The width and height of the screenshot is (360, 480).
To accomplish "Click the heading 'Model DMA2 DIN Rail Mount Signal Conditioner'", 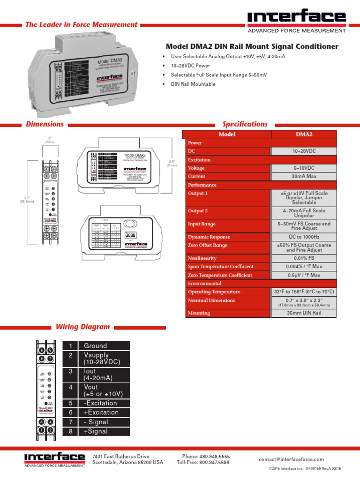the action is click(252, 46).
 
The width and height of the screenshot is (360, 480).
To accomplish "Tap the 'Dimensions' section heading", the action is click(45, 124).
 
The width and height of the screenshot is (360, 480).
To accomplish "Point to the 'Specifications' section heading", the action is click(245, 124).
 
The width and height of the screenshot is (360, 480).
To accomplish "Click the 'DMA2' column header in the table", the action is click(304, 134).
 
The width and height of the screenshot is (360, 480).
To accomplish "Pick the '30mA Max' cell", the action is click(304, 176).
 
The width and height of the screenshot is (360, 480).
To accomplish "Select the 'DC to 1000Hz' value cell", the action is click(304, 237).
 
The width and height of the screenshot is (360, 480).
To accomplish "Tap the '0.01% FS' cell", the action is click(304, 258).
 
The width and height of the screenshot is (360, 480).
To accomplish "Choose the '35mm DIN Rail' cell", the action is click(304, 313).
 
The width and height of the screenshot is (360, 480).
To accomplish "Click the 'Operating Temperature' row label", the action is click(214, 292).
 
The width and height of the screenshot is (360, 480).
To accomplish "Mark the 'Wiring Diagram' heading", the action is click(82, 327).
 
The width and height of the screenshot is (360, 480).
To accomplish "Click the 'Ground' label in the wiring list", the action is click(95, 346).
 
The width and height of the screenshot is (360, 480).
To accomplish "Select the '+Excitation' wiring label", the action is click(101, 412).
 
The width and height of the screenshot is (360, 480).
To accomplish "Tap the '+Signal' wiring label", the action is click(96, 431).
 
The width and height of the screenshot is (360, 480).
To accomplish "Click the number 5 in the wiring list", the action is click(70, 403).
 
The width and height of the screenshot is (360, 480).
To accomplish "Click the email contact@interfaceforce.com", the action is click(291, 459).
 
